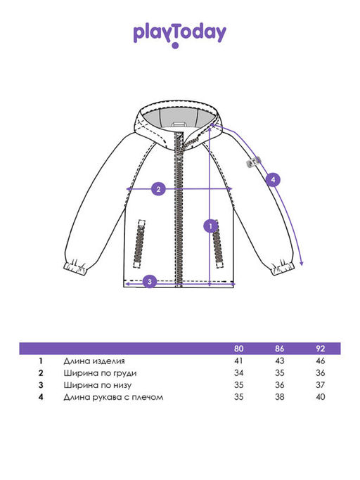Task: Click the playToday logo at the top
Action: pos(180,35)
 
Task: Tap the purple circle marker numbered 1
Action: pos(211,226)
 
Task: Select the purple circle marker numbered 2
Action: pos(158,189)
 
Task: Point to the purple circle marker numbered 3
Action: pos(150,281)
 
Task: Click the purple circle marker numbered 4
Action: pos(273,180)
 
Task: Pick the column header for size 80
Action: pos(238,349)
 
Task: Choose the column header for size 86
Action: pos(279,349)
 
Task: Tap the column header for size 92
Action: pos(320,349)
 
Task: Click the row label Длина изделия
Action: pos(94,361)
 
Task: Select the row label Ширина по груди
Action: pos(100,373)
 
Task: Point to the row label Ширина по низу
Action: pos(98,385)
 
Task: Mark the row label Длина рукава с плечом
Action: pos(113,397)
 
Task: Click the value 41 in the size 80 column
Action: pos(238,361)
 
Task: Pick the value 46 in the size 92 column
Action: pos(320,361)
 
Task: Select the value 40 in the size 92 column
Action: pos(320,397)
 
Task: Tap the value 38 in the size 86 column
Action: pos(279,397)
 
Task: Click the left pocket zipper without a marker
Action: pos(139,244)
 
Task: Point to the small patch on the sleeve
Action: pos(253,162)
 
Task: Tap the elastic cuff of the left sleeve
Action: pos(76,267)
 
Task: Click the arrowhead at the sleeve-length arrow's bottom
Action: pos(302,263)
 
